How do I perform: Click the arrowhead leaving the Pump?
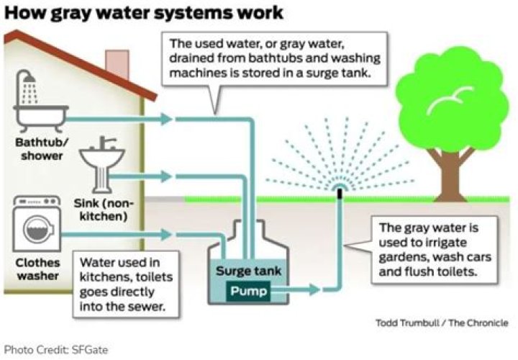coord(314,290)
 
